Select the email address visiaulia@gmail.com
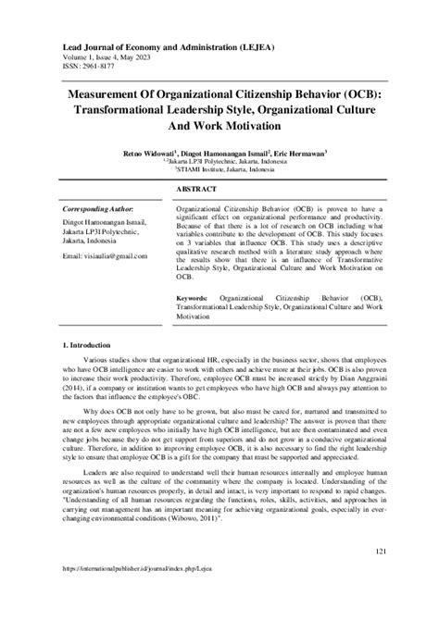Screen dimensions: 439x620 click(98, 254)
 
